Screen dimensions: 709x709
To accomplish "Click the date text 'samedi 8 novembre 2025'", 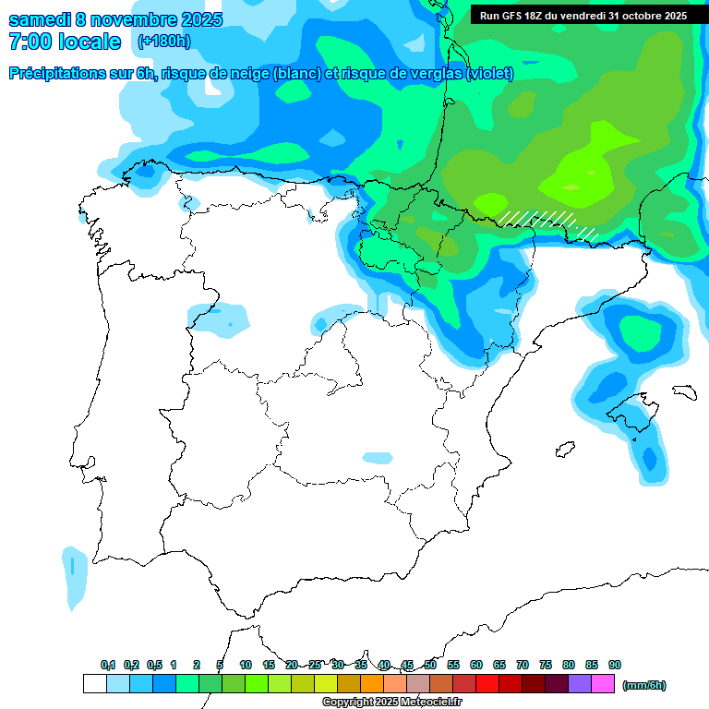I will [x=115, y=19].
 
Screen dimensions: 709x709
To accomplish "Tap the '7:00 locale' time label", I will [x=65, y=42].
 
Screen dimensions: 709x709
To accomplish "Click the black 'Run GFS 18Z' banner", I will [x=583, y=15].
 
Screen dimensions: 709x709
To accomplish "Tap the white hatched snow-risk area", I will [x=545, y=221].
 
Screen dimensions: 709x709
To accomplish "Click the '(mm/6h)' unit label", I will [x=643, y=685].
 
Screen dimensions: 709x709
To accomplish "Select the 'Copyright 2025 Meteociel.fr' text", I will [x=391, y=703].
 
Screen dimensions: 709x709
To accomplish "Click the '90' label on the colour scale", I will [x=615, y=666].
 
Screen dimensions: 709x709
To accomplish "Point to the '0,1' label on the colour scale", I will [x=108, y=666].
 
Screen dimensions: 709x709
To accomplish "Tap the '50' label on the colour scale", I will [x=430, y=666].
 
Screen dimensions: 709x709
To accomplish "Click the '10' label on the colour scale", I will [x=246, y=666].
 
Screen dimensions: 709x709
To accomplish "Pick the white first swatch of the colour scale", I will [x=94, y=684].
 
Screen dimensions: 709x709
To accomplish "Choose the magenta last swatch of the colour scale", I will [x=603, y=684].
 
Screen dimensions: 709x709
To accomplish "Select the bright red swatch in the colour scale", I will [x=487, y=684].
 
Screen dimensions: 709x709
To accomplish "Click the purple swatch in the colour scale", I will [x=580, y=684].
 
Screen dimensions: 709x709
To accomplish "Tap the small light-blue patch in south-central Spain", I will [x=378, y=458].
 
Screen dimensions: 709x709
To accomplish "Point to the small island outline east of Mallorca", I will [x=682, y=391].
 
